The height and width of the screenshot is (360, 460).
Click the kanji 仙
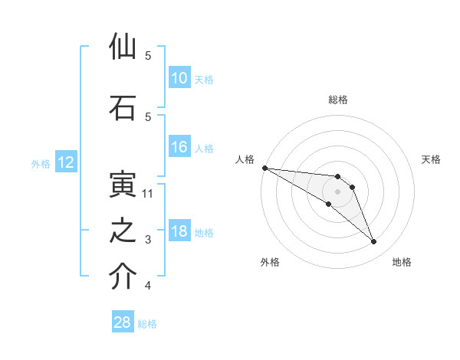coord(123,47)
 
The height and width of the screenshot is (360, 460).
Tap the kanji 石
coord(123,108)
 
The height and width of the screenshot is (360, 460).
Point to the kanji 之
coord(123,232)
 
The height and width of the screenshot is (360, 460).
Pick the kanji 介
coord(123,278)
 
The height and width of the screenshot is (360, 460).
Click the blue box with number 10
coord(179,78)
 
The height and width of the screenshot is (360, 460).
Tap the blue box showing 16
coord(179,147)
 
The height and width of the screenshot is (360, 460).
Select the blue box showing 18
coord(179,232)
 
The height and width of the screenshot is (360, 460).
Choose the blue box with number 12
coord(65,162)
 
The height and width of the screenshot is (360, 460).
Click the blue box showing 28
coord(122,322)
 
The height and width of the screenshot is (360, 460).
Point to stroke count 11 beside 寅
coord(148,194)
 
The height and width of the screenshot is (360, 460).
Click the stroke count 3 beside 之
coord(148,240)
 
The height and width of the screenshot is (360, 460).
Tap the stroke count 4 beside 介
coord(148,286)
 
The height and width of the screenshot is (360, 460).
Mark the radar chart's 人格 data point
coord(264,168)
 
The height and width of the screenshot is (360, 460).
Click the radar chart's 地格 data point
coord(374,242)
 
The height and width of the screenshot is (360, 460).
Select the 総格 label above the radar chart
coord(338,100)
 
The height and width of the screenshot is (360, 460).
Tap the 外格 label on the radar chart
coord(270,262)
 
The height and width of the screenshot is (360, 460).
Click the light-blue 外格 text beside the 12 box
coord(41,163)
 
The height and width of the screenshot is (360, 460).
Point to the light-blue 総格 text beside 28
coord(147,324)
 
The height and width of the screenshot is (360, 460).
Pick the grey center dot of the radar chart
coord(337,191)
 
